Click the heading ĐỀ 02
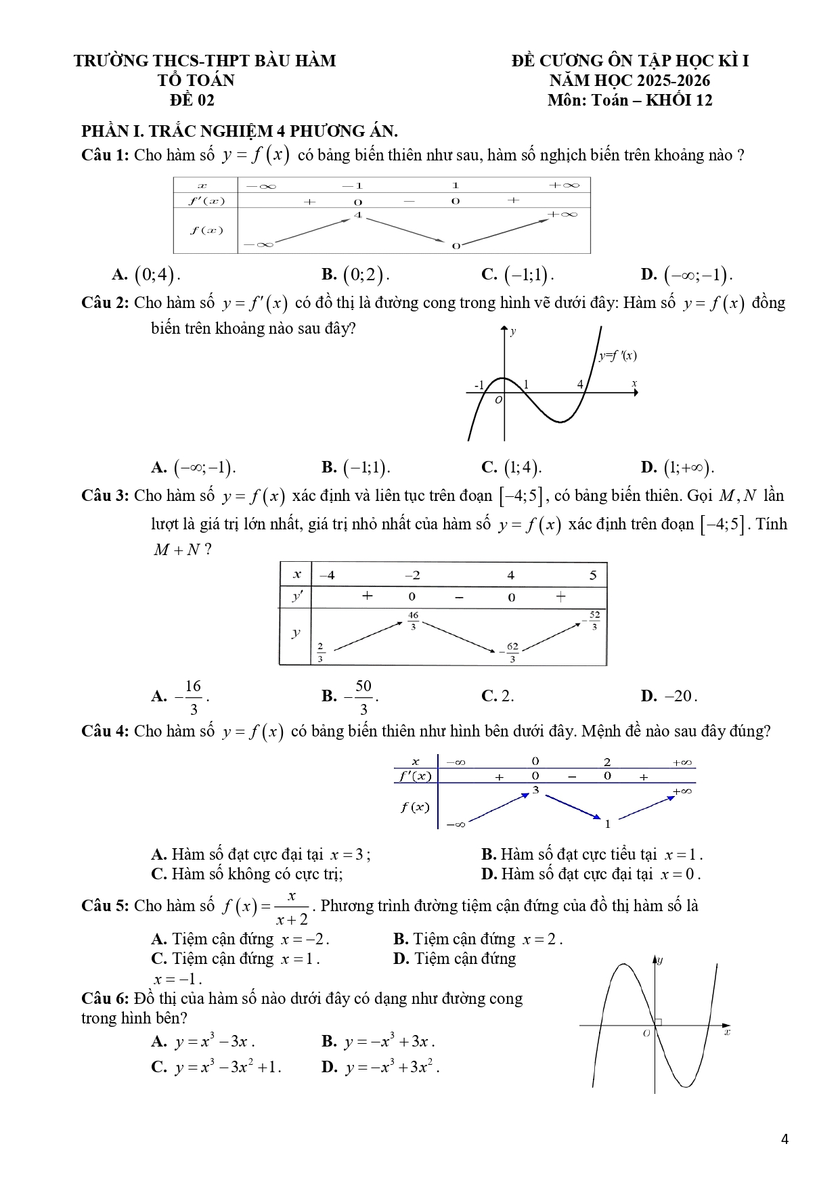[192, 100]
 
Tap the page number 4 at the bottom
[784, 1139]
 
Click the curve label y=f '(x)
[617, 355]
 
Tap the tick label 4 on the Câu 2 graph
[580, 384]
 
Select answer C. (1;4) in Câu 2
[512, 467]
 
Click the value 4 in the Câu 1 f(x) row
[357, 215]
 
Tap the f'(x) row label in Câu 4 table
[414, 776]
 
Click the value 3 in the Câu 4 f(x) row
[535, 790]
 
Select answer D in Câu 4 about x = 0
[591, 874]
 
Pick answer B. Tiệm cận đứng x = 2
[478, 939]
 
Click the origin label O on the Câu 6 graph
[646, 1033]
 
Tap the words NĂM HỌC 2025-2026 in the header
[629, 81]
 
